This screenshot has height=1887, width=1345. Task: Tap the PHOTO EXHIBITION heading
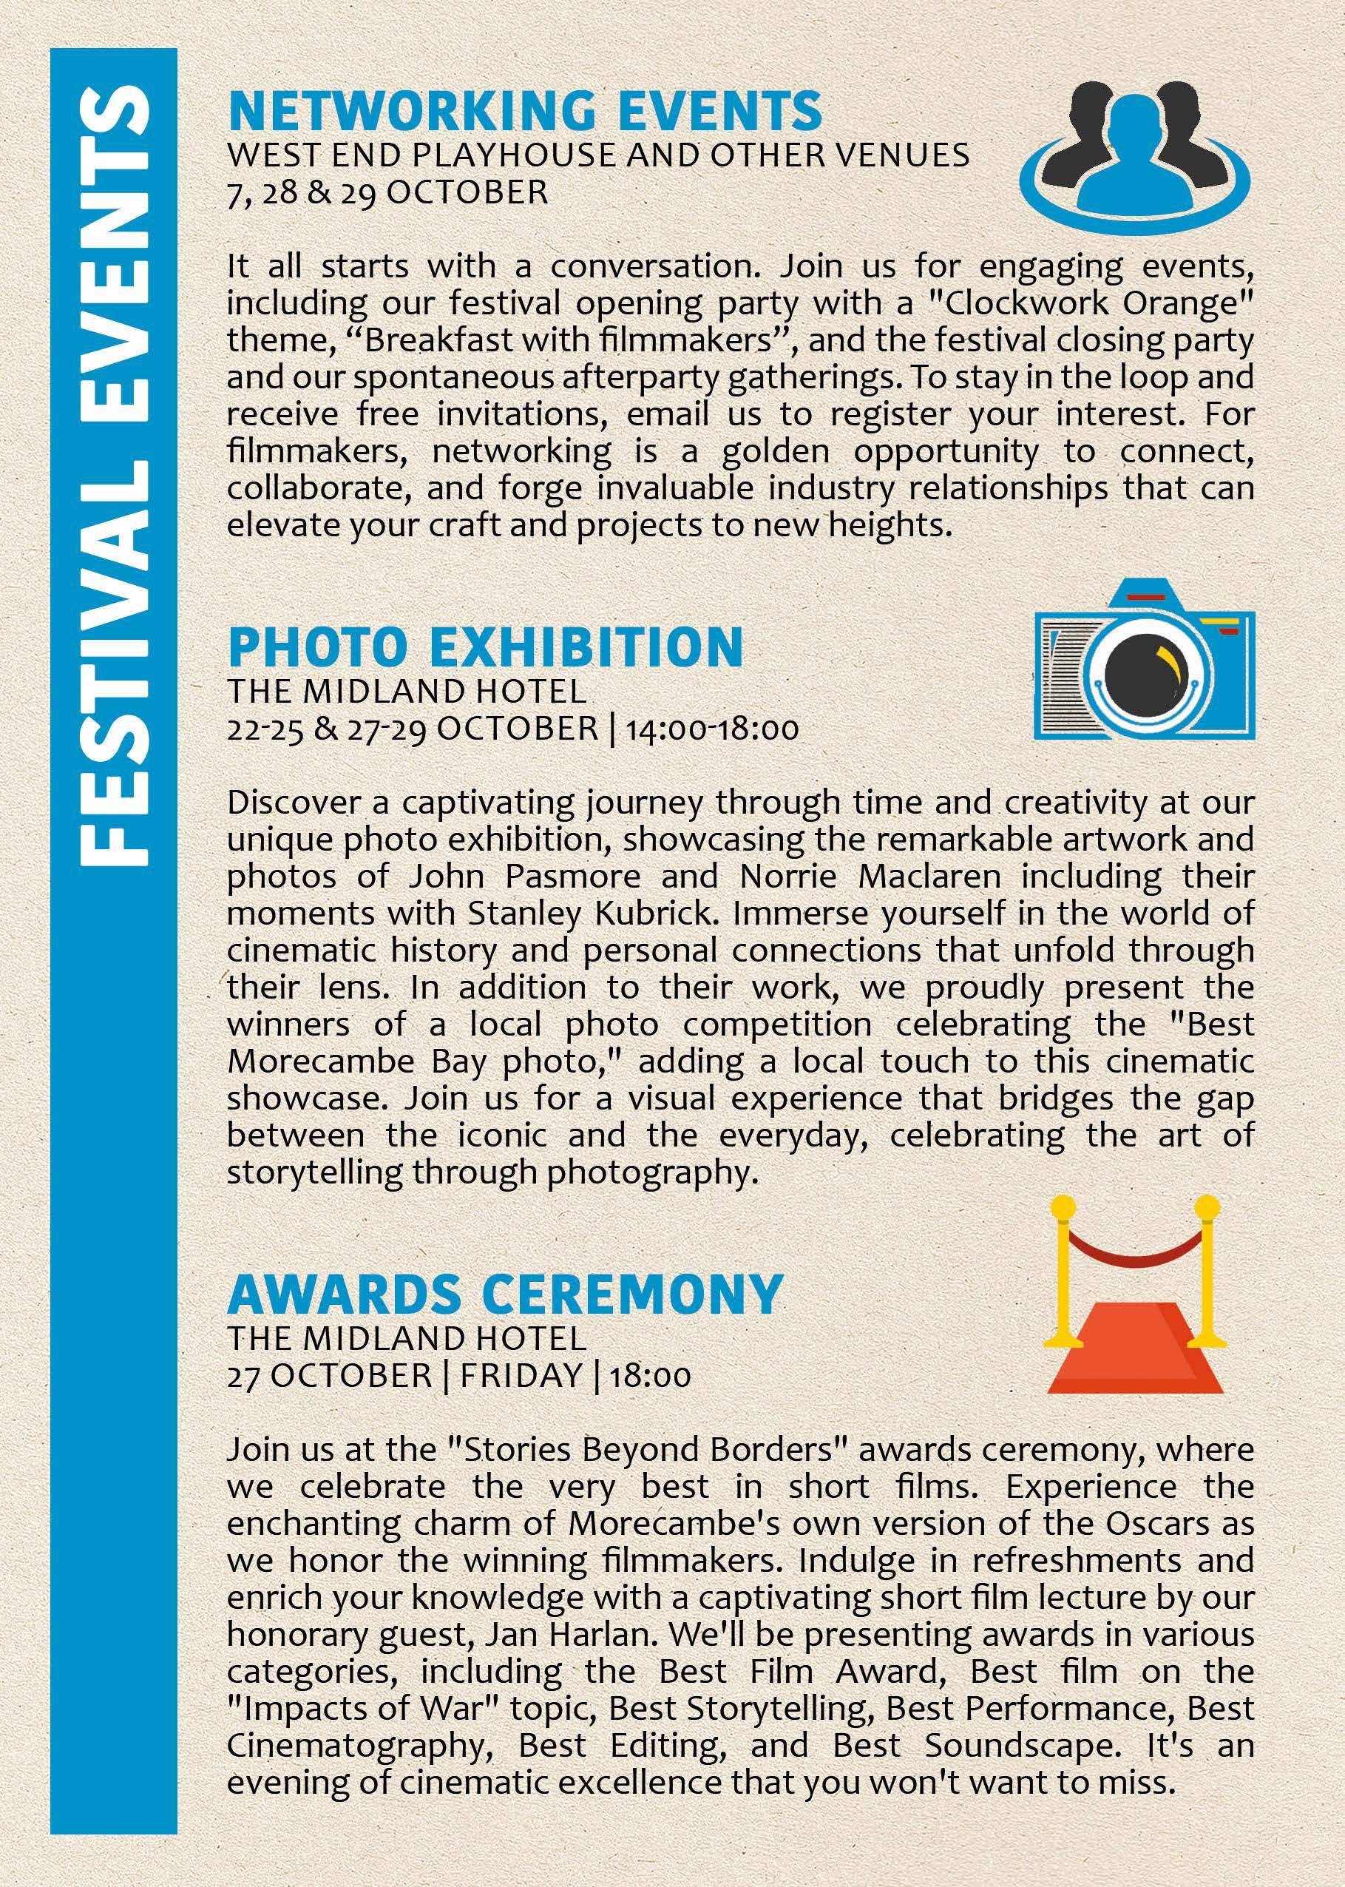485,648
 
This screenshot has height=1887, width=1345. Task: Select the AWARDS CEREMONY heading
504,1293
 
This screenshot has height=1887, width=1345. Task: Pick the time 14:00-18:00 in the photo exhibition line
712,729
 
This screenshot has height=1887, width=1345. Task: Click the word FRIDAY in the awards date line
521,1376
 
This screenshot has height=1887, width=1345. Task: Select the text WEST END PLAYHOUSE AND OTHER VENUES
598,155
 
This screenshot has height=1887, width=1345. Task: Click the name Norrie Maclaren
870,877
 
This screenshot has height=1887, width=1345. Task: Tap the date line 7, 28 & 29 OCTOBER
387,192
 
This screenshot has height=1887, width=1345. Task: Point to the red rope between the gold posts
1136,1253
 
